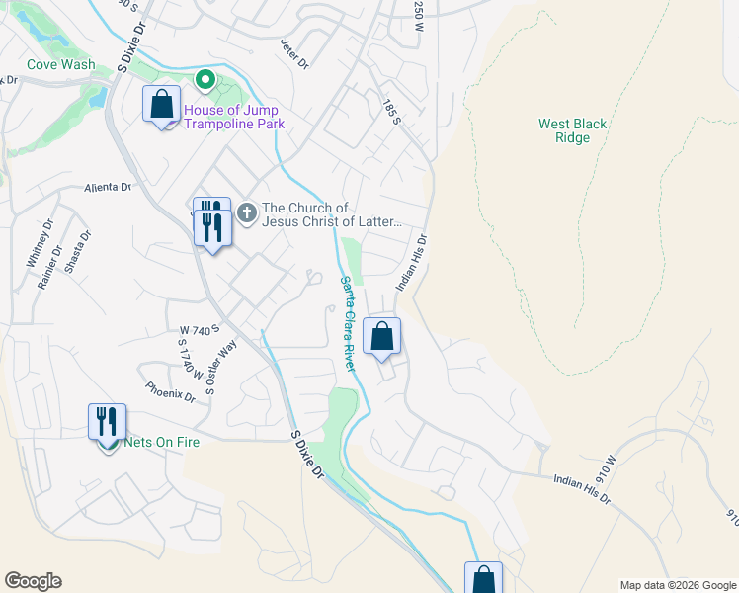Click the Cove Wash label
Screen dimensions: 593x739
(x=61, y=65)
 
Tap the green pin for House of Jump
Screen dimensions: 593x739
(x=205, y=79)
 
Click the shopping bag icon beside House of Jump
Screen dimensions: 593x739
(x=162, y=105)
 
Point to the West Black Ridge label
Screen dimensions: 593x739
(x=572, y=130)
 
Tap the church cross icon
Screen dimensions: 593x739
(x=246, y=212)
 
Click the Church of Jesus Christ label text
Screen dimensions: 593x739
(x=332, y=214)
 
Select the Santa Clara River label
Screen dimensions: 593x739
(x=348, y=322)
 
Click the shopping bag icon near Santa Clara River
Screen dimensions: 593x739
(x=381, y=336)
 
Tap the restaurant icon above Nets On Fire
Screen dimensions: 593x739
(x=107, y=421)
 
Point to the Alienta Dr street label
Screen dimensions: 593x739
(x=108, y=187)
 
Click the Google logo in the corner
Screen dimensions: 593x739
(x=33, y=581)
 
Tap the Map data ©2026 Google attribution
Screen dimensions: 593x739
(x=677, y=585)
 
